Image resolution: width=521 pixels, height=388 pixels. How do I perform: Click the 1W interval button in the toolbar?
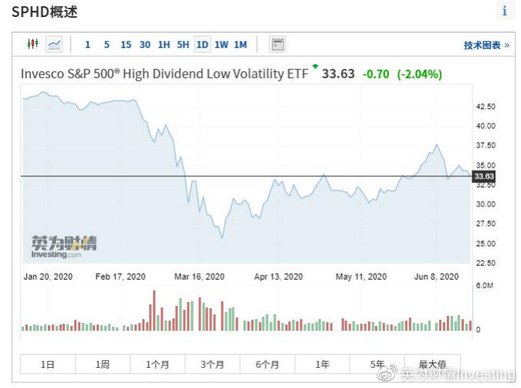222,45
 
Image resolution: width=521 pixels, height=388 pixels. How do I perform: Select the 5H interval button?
183,45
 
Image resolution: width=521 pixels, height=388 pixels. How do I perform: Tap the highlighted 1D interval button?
202,45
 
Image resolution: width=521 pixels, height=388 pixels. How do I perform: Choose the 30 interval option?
145,45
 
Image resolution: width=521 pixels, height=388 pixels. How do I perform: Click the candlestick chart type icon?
32,44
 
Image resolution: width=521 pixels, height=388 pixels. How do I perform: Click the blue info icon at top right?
505,11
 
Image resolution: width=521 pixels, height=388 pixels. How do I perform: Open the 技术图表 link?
486,46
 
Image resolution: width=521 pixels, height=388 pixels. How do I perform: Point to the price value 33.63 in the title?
338,74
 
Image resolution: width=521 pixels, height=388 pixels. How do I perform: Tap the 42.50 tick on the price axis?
485,107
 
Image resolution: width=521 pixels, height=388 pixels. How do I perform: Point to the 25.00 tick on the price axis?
485,243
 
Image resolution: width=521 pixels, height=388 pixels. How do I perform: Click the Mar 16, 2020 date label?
200,277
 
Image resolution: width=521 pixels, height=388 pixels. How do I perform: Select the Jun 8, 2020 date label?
436,277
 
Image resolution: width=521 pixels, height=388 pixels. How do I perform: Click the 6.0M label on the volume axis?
483,286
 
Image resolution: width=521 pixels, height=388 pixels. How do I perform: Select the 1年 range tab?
322,364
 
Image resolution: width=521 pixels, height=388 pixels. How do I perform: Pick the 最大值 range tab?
432,364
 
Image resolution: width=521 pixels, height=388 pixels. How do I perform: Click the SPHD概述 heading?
44,12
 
